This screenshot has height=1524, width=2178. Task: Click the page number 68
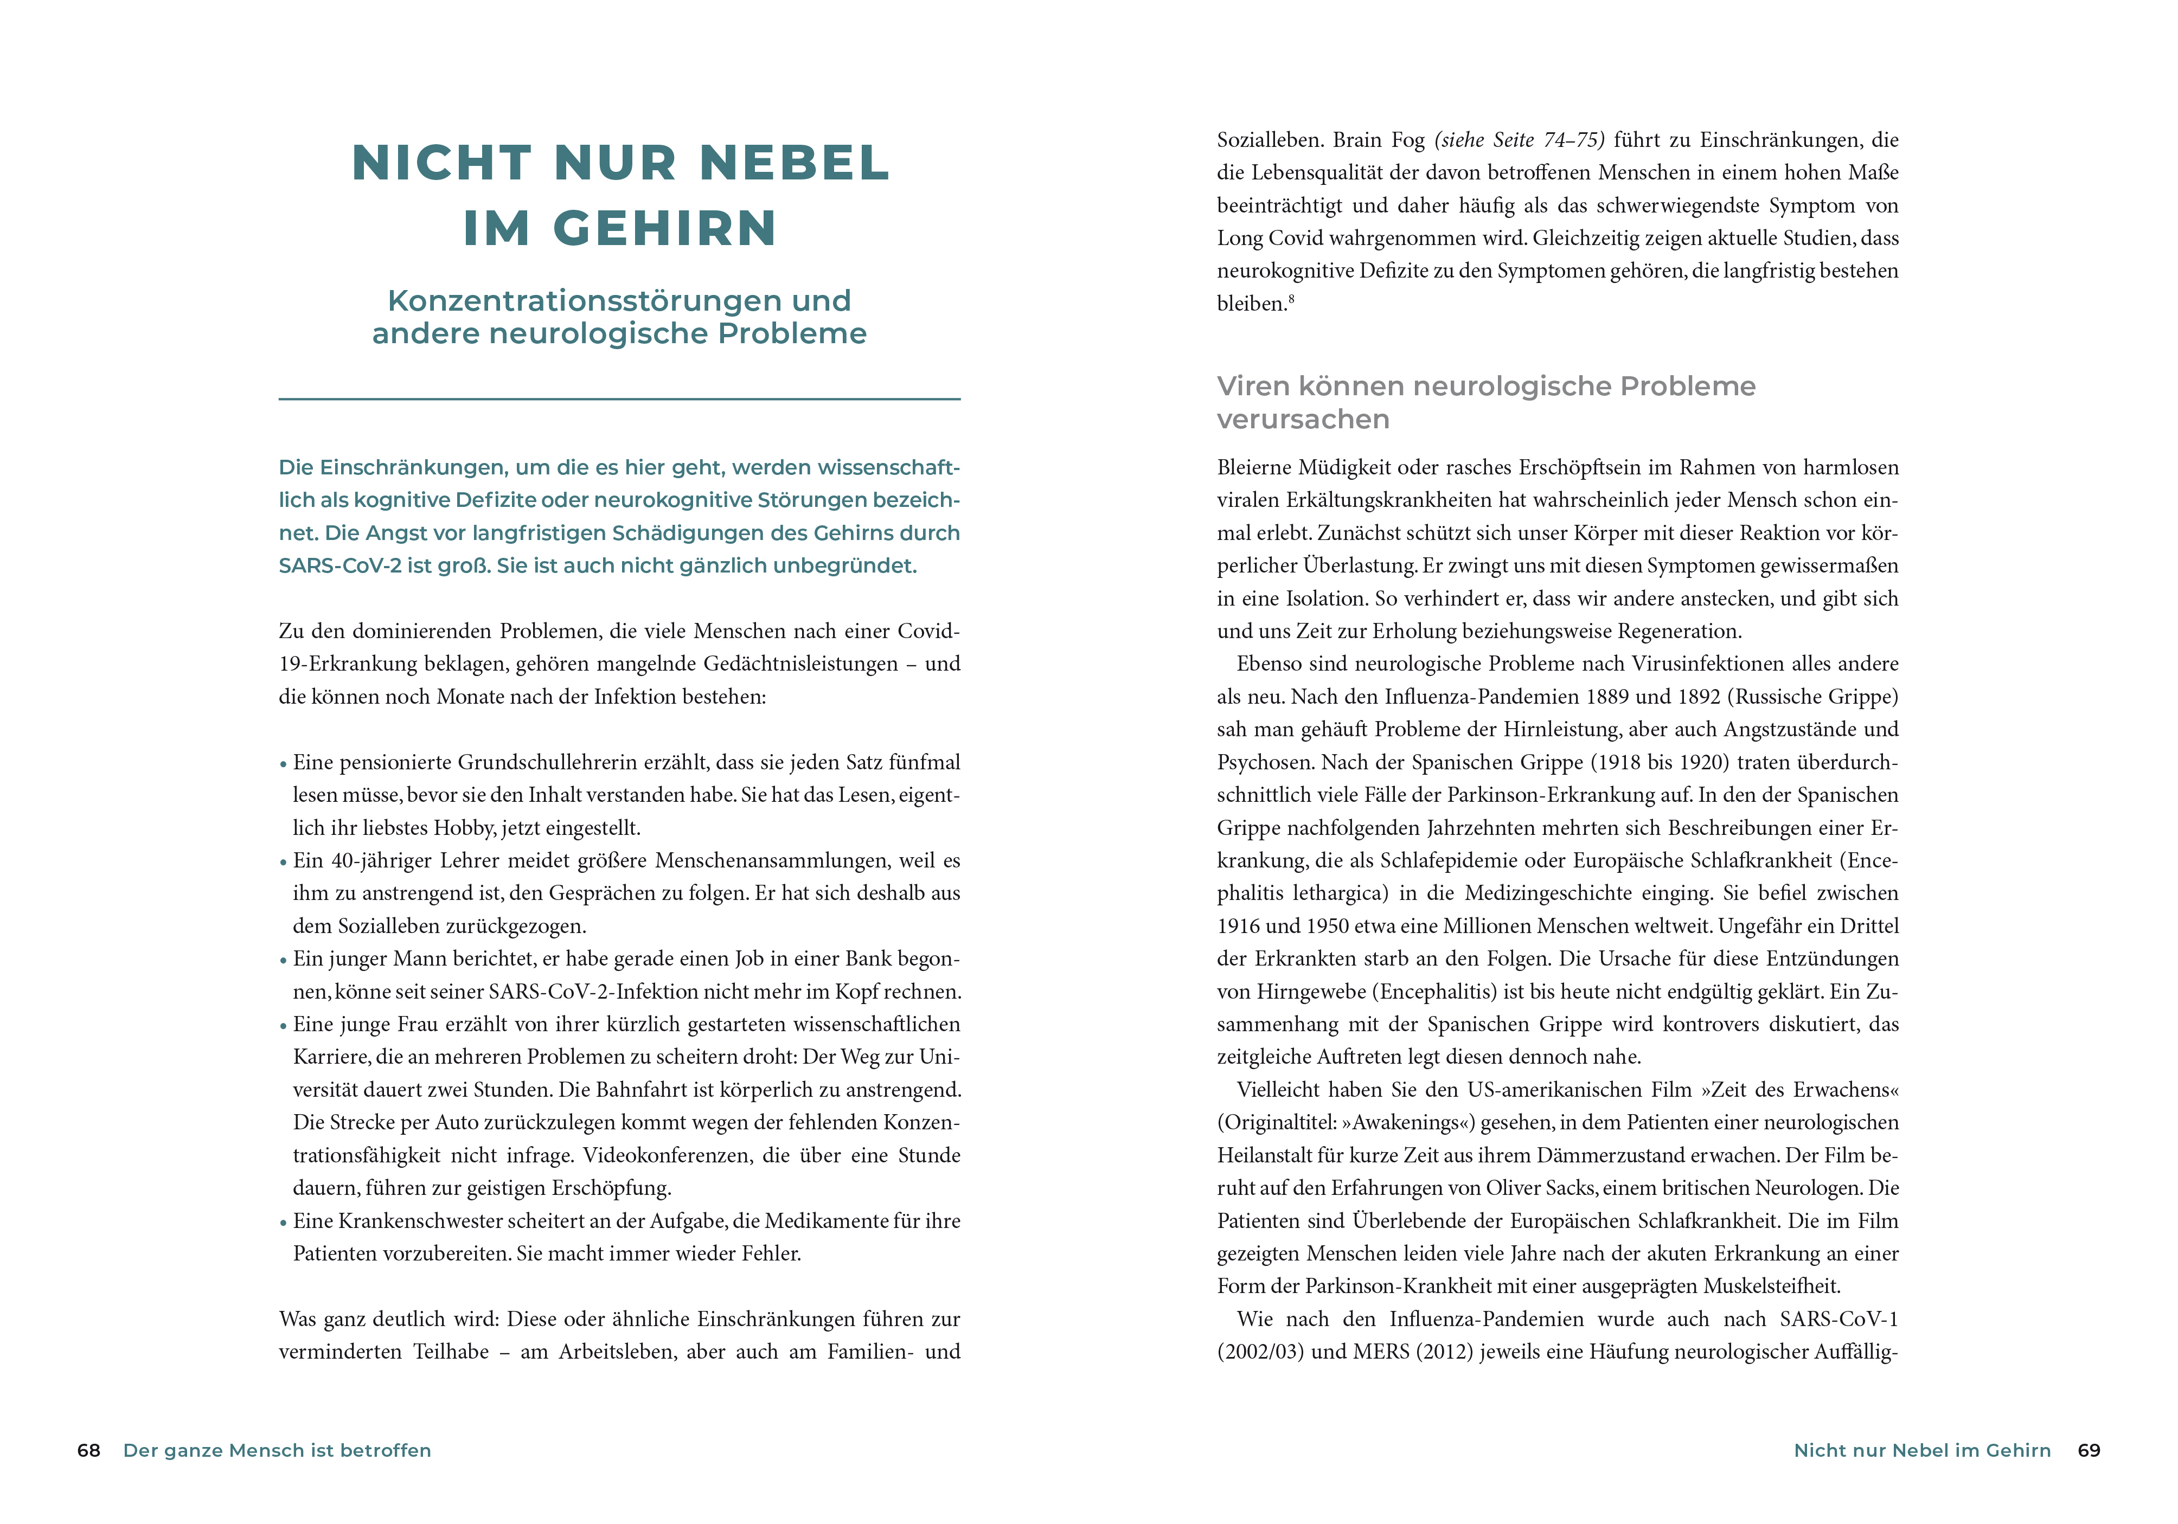coord(88,1450)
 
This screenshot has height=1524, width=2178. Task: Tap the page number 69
coord(2089,1450)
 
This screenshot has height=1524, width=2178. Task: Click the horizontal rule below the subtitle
coord(619,399)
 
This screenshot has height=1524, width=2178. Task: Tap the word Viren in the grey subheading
coord(1253,386)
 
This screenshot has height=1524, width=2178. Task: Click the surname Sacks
coord(1569,1188)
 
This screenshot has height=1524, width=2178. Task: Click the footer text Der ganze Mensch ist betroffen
coord(277,1450)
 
